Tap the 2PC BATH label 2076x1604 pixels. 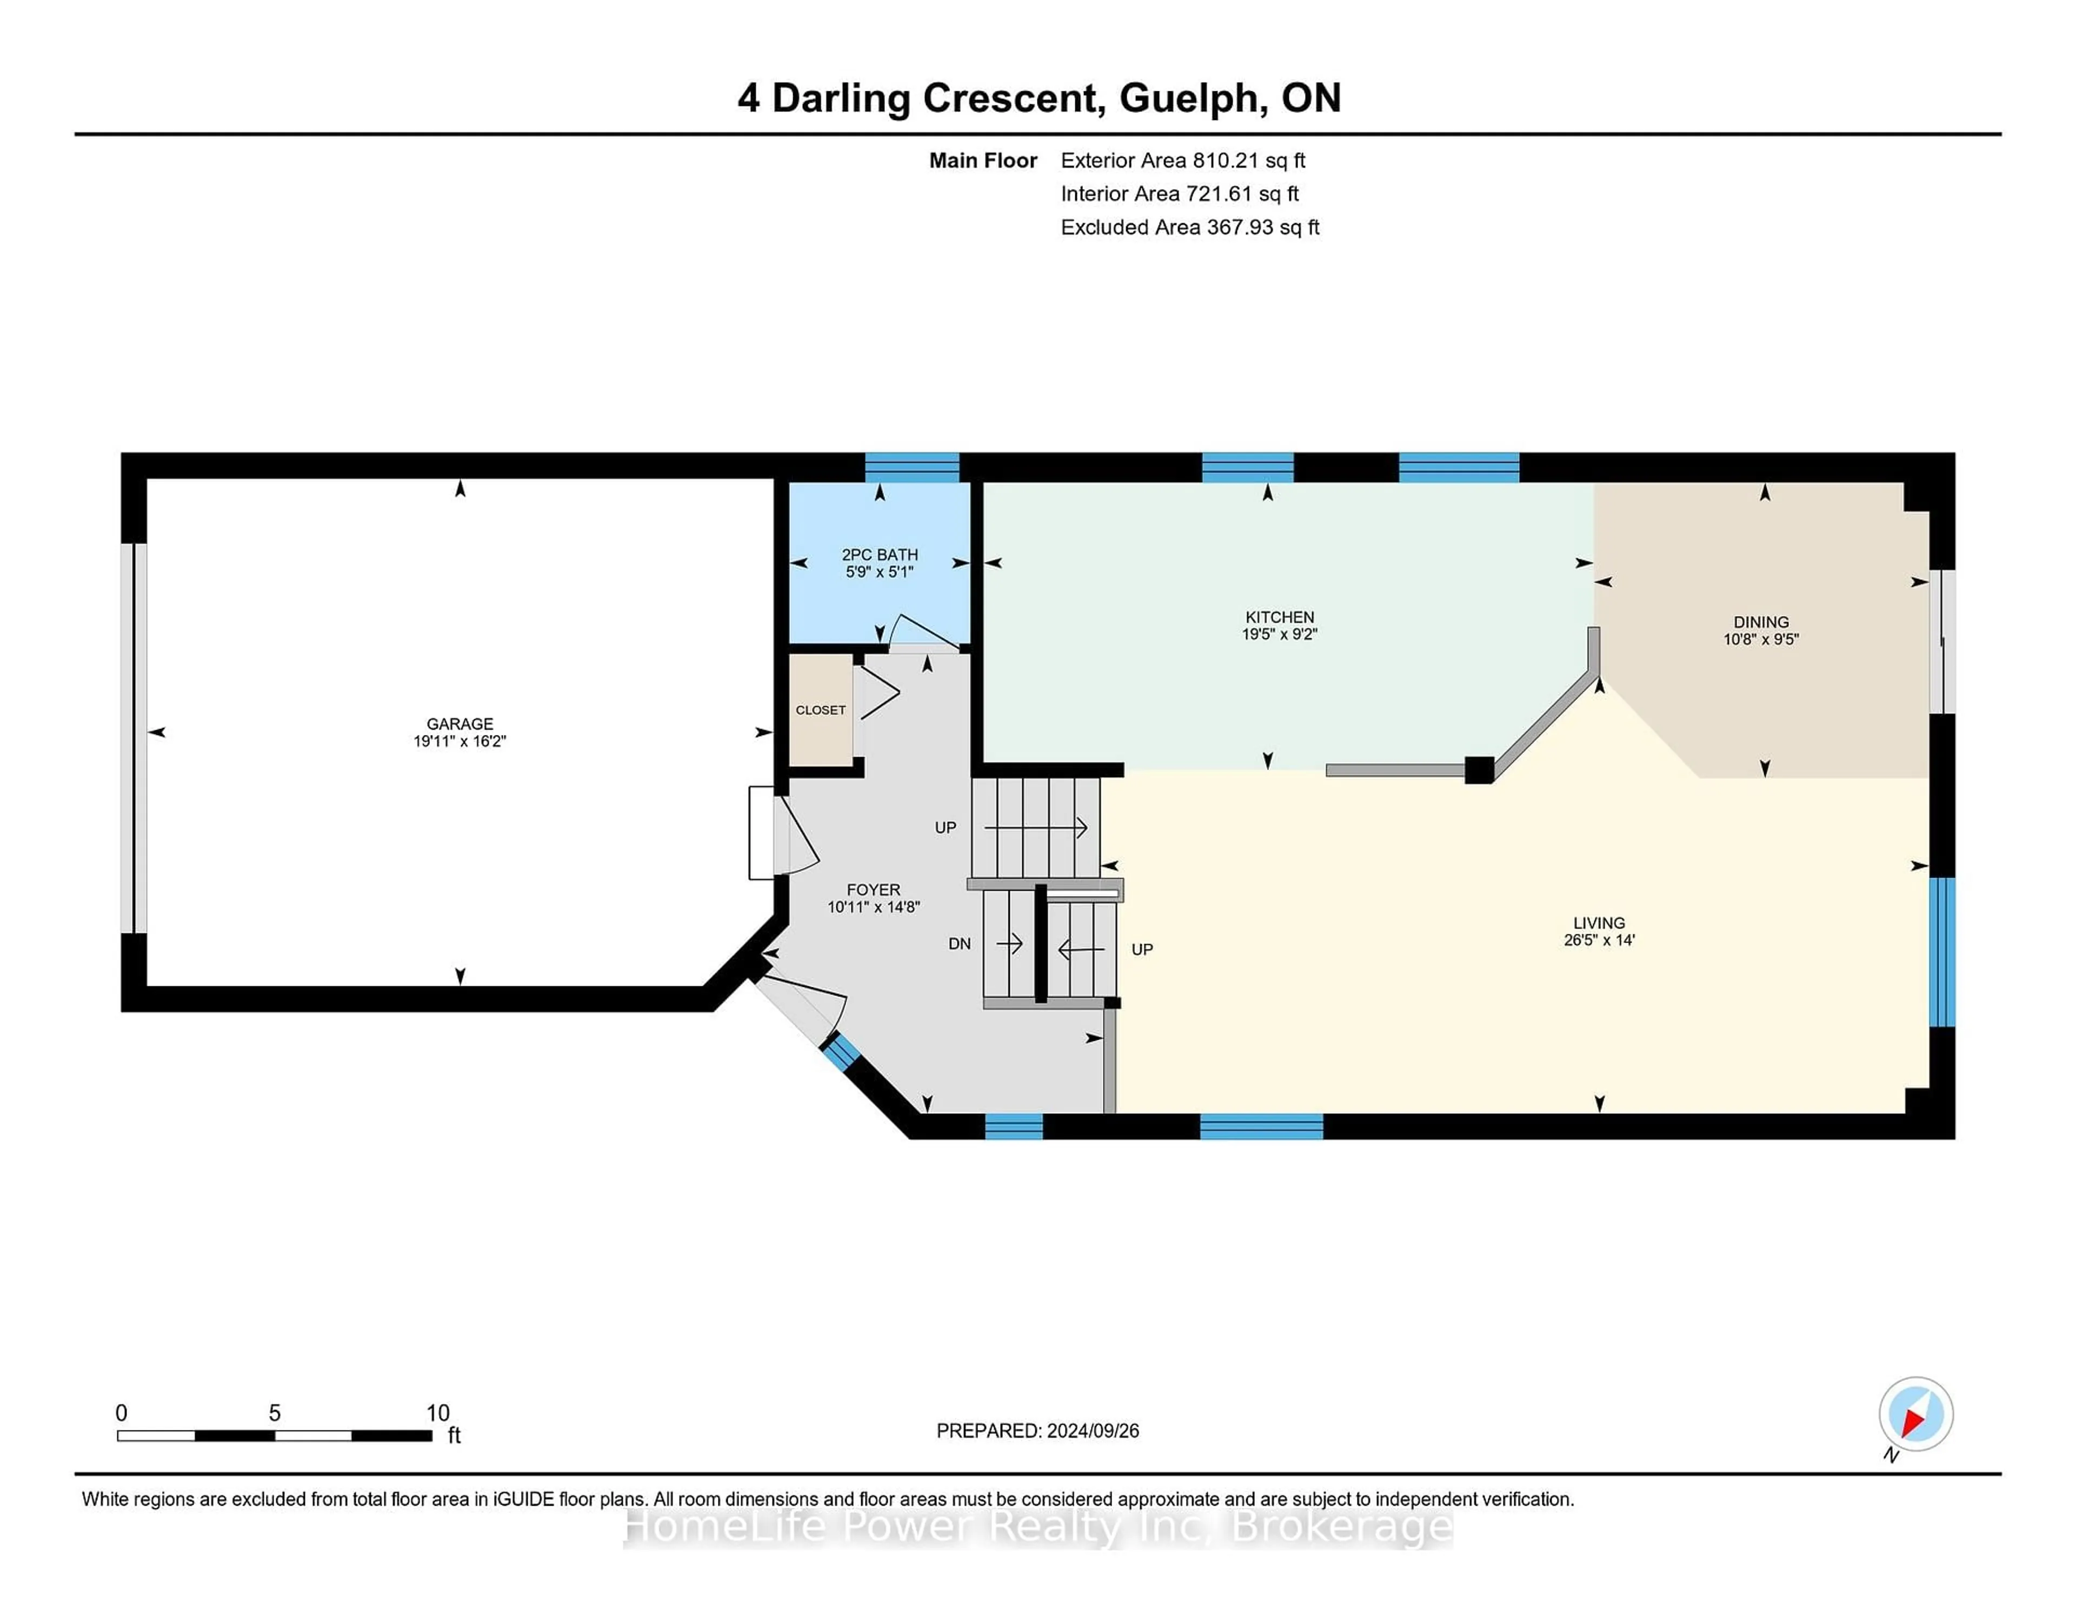click(x=879, y=554)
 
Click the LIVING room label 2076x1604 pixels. click(x=1599, y=923)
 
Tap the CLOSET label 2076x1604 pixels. click(x=820, y=710)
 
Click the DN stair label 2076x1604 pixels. click(x=959, y=944)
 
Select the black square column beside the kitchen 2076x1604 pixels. click(x=1478, y=770)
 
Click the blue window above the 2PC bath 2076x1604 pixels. click(x=911, y=467)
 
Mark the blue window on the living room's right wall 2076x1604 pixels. click(x=1942, y=951)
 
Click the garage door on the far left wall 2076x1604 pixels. click(x=134, y=737)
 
